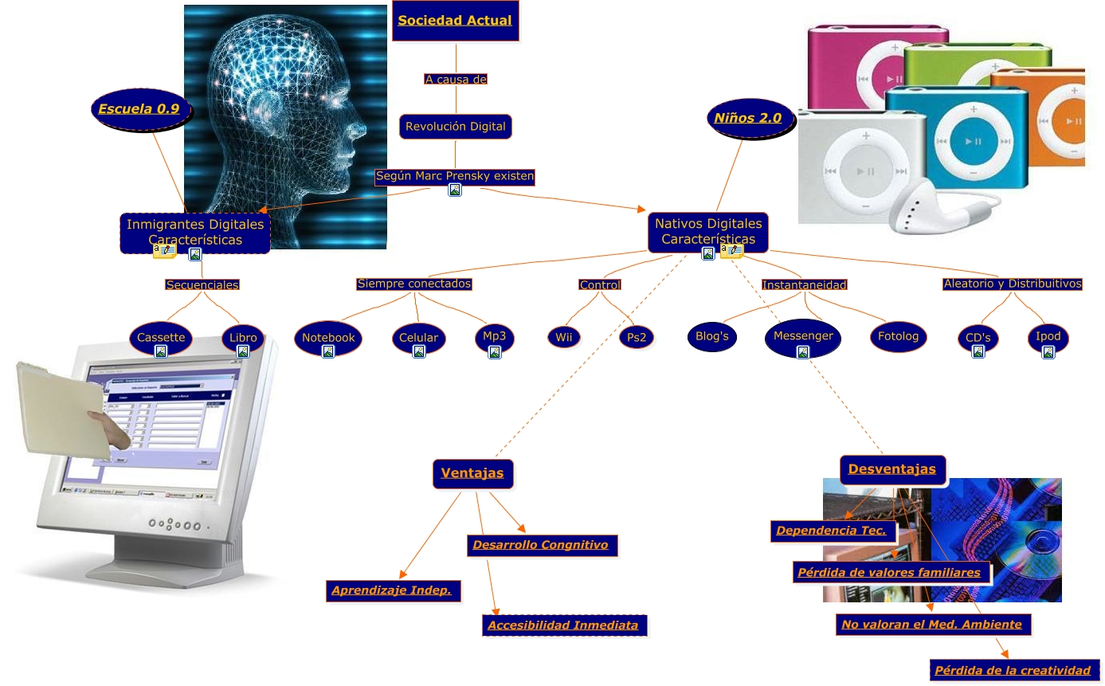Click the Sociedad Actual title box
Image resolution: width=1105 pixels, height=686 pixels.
[x=455, y=21]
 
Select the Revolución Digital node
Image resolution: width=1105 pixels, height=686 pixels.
[x=455, y=127]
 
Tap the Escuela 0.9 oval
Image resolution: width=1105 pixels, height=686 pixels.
[x=139, y=109]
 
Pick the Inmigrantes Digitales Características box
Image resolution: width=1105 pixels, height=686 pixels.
[x=195, y=231]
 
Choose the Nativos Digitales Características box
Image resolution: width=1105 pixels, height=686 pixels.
[x=707, y=230]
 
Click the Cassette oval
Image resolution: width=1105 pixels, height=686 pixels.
[x=161, y=338]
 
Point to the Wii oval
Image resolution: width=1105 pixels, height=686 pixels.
[x=564, y=338]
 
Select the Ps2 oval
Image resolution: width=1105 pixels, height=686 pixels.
[x=636, y=338]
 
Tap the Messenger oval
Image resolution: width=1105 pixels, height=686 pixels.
[x=802, y=337]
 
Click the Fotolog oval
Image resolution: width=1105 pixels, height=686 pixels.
[x=898, y=337]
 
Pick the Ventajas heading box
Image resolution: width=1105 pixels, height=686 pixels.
[x=472, y=473]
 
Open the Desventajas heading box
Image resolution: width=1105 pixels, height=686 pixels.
[x=892, y=469]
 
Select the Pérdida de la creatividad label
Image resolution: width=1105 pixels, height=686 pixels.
[x=1013, y=670]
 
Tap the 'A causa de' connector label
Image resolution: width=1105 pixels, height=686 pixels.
[x=456, y=80]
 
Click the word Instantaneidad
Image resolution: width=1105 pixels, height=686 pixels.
[x=804, y=284]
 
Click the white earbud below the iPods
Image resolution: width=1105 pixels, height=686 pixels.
[x=916, y=208]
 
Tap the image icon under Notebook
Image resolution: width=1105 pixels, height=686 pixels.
[x=327, y=351]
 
